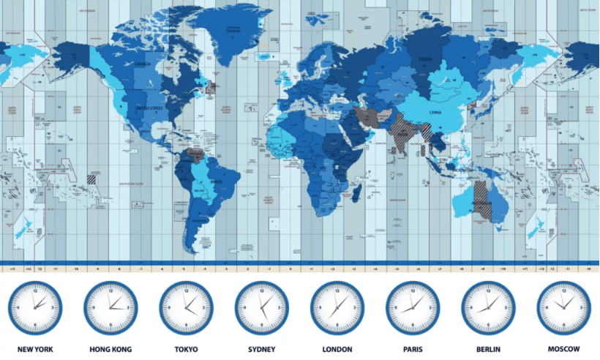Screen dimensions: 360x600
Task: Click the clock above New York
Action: [35, 308]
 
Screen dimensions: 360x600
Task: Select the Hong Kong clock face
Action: [110, 308]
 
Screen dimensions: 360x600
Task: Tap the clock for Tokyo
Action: [186, 308]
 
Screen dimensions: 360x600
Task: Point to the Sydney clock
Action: [261, 308]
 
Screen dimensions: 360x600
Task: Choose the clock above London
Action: [337, 308]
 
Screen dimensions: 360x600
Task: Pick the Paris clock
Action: [412, 308]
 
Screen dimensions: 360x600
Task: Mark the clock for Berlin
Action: [487, 308]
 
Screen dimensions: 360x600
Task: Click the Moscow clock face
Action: [563, 308]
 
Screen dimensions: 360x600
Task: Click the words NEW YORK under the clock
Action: [35, 350]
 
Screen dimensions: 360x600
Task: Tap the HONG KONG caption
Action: [110, 350]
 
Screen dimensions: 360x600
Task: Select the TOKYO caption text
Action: [186, 350]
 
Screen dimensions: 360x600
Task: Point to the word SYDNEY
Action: [261, 350]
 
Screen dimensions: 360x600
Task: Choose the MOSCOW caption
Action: [563, 350]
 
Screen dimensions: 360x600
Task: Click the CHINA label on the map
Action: [436, 113]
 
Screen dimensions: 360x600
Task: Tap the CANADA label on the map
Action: [143, 64]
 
